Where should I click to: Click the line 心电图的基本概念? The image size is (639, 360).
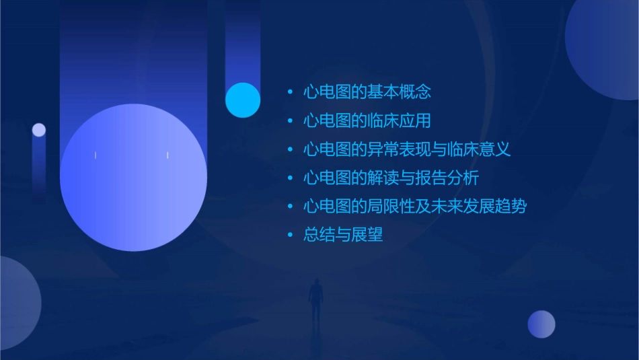pos(367,92)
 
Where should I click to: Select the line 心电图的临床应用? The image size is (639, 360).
pos(367,121)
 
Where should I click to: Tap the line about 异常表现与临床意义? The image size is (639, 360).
pos(407,149)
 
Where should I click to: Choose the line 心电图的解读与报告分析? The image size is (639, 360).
pos(391,178)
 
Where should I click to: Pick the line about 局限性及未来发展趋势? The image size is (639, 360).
pos(415,207)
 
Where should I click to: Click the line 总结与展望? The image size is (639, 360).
pos(343,236)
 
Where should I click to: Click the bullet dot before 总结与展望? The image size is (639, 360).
pos(290,236)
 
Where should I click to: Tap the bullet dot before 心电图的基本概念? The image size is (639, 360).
pos(290,92)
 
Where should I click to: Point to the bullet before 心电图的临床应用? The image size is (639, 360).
pos(290,121)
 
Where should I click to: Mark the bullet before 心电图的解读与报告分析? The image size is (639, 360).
pos(290,178)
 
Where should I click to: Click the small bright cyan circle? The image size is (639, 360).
pos(243,100)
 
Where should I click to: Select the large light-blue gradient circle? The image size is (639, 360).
pos(133,178)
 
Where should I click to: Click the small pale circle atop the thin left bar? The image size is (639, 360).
pos(39,130)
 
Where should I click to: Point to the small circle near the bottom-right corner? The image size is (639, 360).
pos(541,324)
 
